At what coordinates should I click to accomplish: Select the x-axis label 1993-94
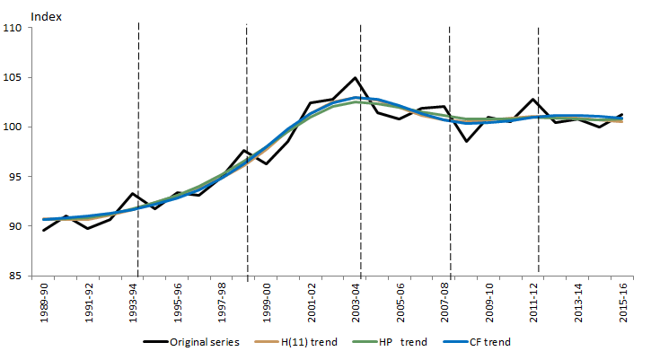(134, 302)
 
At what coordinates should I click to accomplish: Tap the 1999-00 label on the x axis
(268, 302)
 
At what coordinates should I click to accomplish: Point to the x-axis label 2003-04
(356, 302)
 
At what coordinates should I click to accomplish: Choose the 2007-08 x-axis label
(445, 302)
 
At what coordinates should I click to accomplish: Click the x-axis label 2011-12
(534, 302)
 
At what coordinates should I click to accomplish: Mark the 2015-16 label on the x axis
(623, 302)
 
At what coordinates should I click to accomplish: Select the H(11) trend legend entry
(303, 342)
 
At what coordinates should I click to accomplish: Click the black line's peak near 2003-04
(356, 78)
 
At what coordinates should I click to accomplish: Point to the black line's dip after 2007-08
(467, 141)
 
